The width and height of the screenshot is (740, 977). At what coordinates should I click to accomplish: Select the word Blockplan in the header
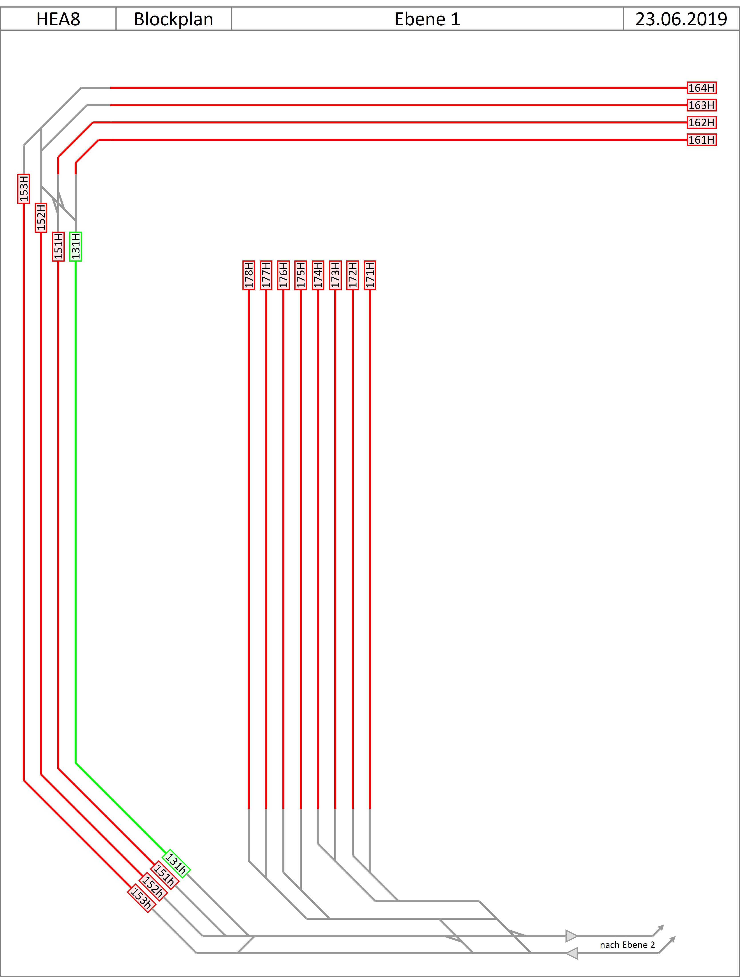174,19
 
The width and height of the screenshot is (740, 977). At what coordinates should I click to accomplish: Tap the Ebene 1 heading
427,19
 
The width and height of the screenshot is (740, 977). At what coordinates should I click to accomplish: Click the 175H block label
301,275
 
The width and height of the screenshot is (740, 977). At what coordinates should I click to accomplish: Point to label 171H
370,275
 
